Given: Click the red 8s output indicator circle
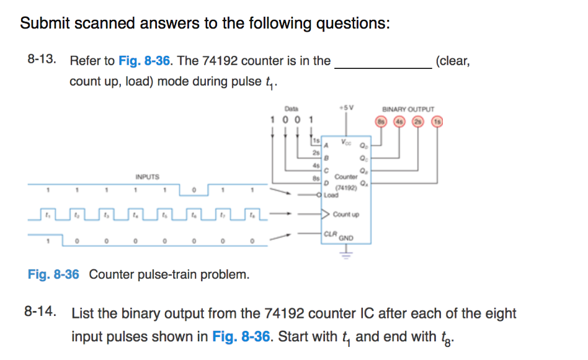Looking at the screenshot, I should [381, 122].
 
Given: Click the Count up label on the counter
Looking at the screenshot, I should [345, 215].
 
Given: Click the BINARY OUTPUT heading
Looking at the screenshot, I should [408, 109].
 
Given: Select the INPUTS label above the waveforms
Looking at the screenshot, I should [147, 177].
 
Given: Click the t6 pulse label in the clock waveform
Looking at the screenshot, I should [194, 215].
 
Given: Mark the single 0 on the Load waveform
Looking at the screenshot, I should [194, 189].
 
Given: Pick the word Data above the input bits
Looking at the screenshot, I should [291, 107].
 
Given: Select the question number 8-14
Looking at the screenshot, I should [40, 312].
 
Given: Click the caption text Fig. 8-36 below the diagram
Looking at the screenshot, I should [53, 274].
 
